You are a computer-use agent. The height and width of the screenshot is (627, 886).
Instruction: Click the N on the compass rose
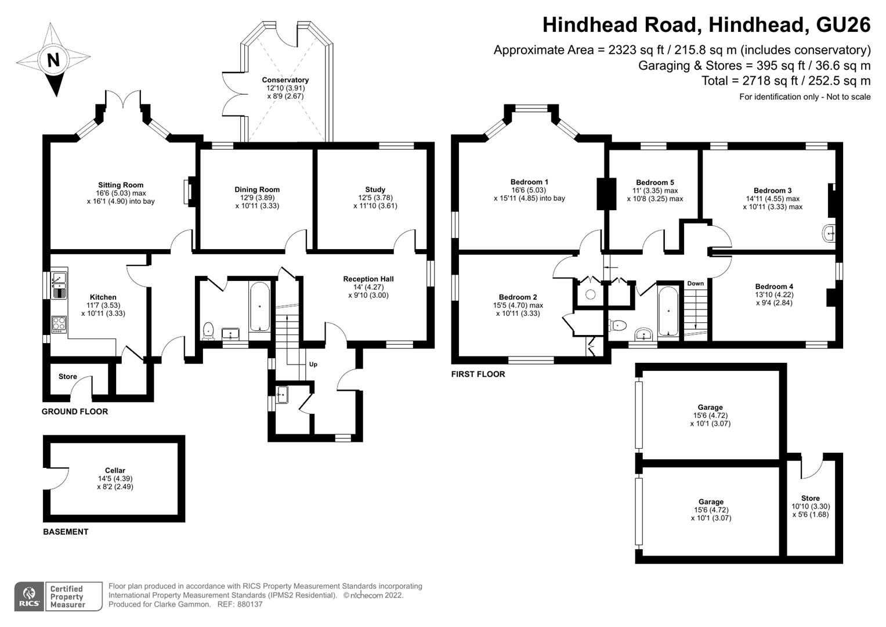(x=53, y=60)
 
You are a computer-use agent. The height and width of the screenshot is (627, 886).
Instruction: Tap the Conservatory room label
(x=285, y=80)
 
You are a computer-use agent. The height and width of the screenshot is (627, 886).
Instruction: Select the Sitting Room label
(x=121, y=185)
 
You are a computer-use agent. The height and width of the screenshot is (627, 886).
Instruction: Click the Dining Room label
(x=257, y=190)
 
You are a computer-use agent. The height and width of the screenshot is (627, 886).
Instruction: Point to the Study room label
(x=375, y=190)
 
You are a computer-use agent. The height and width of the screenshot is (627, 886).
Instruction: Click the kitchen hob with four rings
(x=59, y=324)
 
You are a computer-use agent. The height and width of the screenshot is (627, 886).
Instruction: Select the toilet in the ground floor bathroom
(x=208, y=331)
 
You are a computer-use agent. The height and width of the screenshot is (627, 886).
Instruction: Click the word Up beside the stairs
(x=313, y=364)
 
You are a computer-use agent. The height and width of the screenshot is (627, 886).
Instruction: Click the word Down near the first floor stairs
(x=695, y=283)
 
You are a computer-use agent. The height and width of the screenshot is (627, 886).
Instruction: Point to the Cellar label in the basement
(x=115, y=470)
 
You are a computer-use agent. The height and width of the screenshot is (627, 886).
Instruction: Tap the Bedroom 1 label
(x=529, y=182)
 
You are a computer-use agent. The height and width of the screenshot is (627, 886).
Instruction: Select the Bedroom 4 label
(x=774, y=287)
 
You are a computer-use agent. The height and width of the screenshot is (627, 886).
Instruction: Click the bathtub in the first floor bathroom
(x=668, y=311)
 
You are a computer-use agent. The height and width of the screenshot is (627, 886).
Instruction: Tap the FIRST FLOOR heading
(x=478, y=374)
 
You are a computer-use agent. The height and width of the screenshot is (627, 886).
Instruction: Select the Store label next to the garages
(x=811, y=498)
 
